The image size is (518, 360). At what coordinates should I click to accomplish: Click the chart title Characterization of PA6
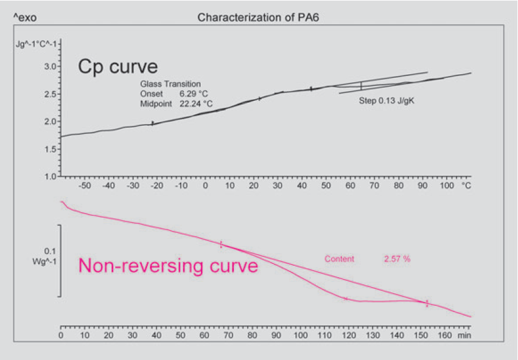(x=259, y=17)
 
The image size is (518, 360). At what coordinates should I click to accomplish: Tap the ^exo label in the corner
(x=25, y=18)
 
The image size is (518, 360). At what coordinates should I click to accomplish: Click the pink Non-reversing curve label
(x=168, y=266)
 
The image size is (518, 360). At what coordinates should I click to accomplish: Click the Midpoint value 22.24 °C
(x=196, y=104)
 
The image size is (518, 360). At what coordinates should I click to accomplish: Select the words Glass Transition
(x=170, y=85)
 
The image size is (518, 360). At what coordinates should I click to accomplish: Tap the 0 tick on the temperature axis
(x=205, y=185)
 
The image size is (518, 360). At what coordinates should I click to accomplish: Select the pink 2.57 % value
(x=397, y=259)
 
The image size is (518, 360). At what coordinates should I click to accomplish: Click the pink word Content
(x=339, y=259)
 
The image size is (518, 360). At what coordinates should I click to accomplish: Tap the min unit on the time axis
(x=464, y=335)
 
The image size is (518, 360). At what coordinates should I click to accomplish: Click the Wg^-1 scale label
(x=47, y=261)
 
